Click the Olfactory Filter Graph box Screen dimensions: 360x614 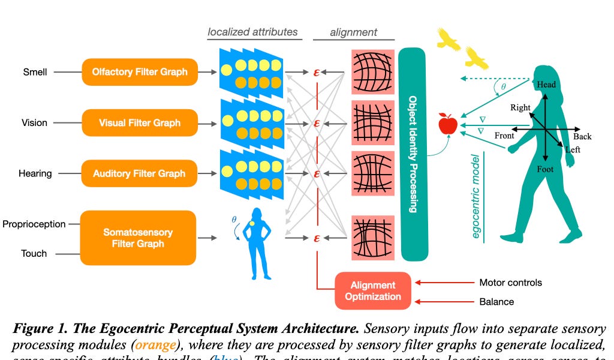(x=140, y=72)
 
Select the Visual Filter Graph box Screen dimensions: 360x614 (x=140, y=123)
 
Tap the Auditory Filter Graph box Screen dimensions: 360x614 (x=140, y=173)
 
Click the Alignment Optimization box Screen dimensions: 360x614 (x=373, y=290)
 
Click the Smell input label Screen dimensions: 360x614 (x=35, y=72)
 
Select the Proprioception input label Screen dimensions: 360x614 (x=34, y=224)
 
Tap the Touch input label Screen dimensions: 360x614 (x=34, y=253)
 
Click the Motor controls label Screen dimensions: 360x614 (x=510, y=283)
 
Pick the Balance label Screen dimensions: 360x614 (x=496, y=302)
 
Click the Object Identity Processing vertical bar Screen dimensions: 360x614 (x=413, y=154)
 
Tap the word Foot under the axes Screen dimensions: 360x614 (x=545, y=170)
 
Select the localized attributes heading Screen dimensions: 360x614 (x=253, y=32)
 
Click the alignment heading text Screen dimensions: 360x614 (x=354, y=32)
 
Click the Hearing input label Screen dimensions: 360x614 (x=35, y=173)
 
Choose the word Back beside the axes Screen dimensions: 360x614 (x=582, y=137)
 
